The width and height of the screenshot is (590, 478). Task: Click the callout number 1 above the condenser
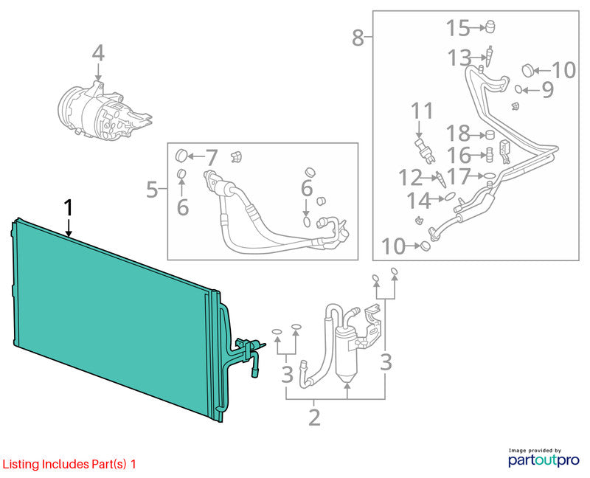tap(69, 208)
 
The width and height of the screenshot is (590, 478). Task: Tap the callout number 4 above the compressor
tap(98, 53)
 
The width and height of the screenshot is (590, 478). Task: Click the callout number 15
tap(458, 28)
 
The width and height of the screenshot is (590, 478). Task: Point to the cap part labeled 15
tap(490, 27)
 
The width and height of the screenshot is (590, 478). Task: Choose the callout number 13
tap(459, 58)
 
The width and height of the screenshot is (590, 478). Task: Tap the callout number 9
tap(547, 90)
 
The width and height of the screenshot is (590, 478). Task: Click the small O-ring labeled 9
tap(518, 89)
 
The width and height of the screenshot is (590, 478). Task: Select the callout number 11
tap(422, 111)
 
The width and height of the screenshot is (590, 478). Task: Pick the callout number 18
tap(458, 134)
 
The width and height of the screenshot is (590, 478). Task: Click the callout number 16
tap(459, 155)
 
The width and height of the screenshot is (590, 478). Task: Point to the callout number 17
tap(459, 176)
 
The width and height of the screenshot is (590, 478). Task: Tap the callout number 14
tap(419, 201)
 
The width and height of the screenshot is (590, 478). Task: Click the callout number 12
tap(411, 177)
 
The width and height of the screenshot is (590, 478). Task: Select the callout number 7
tap(212, 158)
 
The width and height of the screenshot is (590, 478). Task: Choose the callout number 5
tap(152, 190)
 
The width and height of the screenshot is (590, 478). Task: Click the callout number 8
tap(358, 38)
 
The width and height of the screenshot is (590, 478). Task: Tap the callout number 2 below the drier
tap(314, 417)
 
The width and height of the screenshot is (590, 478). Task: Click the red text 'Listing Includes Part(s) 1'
tap(69, 465)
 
